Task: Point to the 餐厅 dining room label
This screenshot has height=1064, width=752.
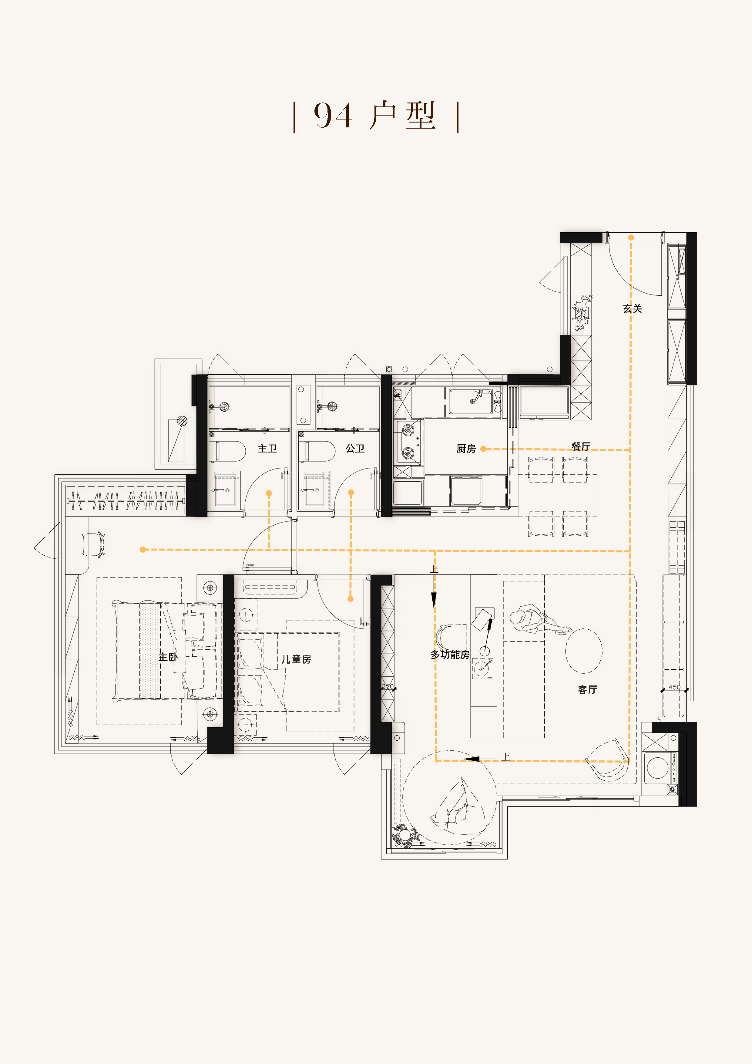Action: point(581,446)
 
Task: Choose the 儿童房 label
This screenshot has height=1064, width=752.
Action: point(296,659)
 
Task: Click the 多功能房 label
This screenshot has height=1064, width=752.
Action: point(450,654)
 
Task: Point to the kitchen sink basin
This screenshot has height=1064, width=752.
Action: point(470,401)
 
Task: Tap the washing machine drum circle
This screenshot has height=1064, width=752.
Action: point(657,768)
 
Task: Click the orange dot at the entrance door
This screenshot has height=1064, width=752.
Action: point(631,237)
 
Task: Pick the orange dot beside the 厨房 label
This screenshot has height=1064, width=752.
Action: point(483,449)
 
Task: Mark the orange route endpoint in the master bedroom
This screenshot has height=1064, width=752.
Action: point(143,550)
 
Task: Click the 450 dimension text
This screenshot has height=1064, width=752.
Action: point(675,687)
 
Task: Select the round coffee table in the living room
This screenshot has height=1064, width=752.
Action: point(584,651)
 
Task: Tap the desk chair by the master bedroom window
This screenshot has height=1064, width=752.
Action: point(93,544)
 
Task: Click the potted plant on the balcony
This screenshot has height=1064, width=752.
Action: point(405,835)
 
